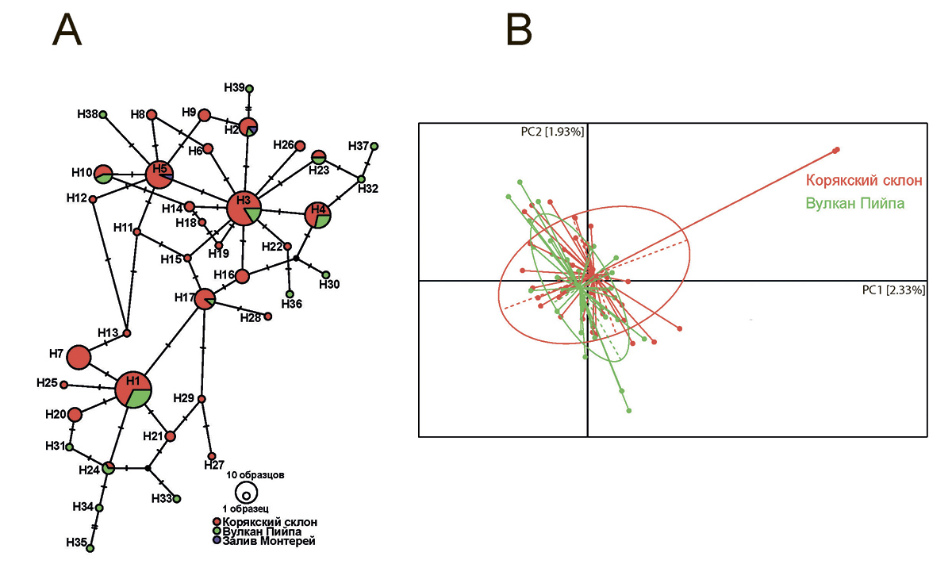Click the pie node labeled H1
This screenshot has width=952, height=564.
[133, 389]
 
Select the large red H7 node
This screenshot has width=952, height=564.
[78, 358]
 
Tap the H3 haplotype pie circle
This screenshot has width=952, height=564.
[244, 209]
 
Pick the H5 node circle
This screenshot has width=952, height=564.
[159, 175]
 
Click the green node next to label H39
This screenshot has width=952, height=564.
[249, 88]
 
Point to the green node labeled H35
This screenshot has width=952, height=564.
[90, 548]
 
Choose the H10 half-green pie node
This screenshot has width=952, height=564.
[103, 174]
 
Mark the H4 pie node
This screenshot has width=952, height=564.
[318, 214]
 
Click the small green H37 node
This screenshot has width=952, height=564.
[374, 146]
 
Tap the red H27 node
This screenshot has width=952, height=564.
[212, 456]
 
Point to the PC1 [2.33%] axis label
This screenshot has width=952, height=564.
[893, 290]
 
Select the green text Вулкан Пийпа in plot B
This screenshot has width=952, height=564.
[855, 203]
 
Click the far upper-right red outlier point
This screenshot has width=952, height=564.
[836, 150]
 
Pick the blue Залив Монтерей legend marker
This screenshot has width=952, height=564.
[217, 542]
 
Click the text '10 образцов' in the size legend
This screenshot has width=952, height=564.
[255, 475]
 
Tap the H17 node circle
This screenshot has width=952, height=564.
[205, 298]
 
